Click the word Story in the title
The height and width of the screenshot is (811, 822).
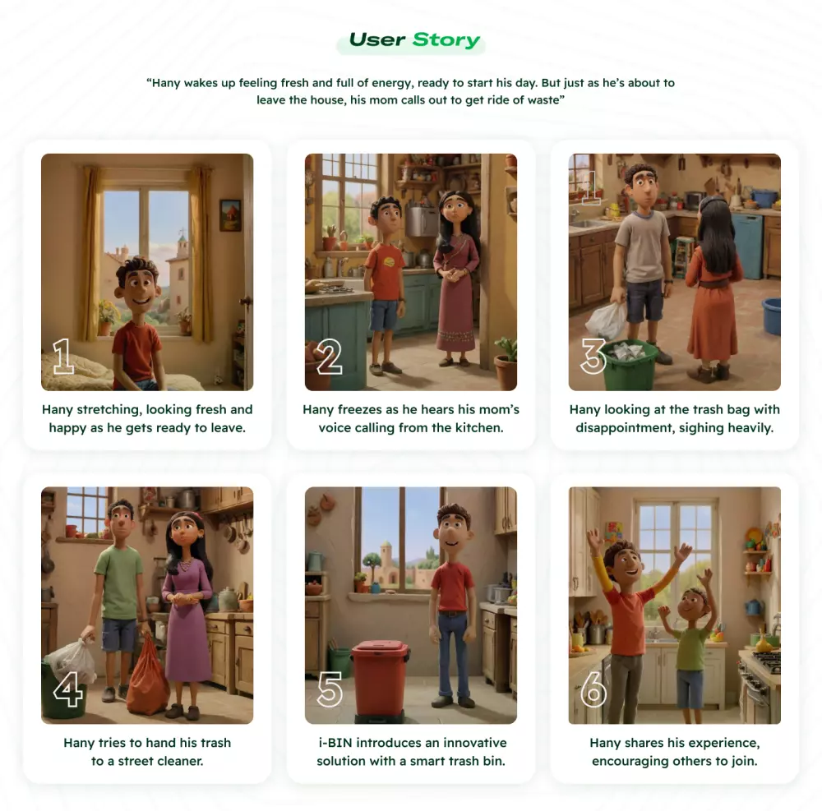(x=446, y=39)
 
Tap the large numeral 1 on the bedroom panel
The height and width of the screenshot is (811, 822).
(x=63, y=357)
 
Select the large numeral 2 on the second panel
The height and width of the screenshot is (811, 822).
(x=330, y=357)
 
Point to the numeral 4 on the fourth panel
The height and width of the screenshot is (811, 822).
(x=68, y=689)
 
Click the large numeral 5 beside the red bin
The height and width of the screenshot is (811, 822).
(x=330, y=689)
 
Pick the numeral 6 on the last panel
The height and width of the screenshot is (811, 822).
(x=593, y=689)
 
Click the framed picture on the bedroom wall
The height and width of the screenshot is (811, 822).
(x=230, y=215)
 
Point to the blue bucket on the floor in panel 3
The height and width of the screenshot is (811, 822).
(x=771, y=316)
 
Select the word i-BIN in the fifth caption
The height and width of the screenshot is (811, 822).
(x=335, y=742)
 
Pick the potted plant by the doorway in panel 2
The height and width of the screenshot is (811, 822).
(x=506, y=363)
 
